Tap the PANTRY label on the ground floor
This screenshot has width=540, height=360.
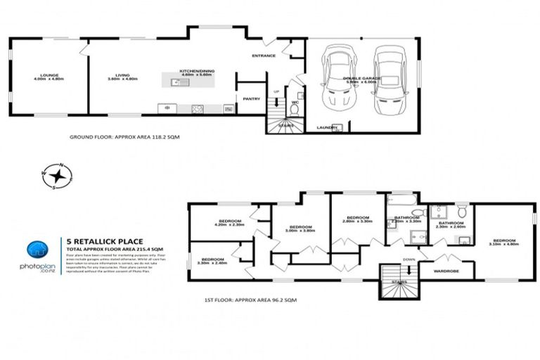coord(251,99)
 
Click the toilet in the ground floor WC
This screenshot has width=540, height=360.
coord(294,110)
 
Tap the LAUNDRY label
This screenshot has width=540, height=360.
coord(327,127)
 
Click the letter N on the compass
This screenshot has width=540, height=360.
coord(62,166)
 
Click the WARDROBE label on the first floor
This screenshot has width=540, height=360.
coord(446,270)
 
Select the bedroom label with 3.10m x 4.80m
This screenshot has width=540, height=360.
coord(503,242)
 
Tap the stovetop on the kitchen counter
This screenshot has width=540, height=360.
coord(198,108)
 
